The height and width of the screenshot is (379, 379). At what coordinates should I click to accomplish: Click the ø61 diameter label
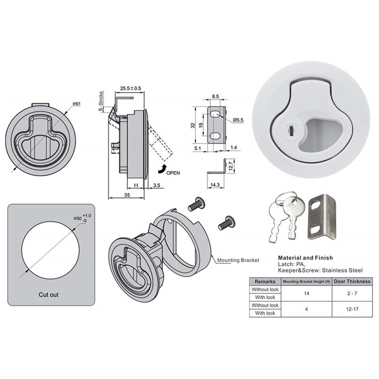[x=76, y=104]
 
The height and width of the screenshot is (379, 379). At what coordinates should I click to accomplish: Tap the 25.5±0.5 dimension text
[x=131, y=89]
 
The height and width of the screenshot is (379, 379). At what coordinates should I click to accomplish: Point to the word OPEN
[x=173, y=173]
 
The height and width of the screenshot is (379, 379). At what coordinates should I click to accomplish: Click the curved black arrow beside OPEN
[x=162, y=169]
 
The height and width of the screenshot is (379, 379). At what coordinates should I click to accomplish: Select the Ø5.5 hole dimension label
[x=238, y=120]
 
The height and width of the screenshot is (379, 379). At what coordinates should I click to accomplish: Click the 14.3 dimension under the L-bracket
[x=215, y=185]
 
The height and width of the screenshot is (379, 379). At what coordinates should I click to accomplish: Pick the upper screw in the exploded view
[x=197, y=204]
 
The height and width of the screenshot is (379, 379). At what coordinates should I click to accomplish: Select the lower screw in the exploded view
[x=226, y=223]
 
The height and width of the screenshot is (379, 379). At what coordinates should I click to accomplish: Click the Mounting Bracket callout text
[x=238, y=260]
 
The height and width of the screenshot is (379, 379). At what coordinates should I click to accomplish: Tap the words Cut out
[x=49, y=295]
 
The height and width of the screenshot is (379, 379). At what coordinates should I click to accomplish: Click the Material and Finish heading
[x=305, y=258]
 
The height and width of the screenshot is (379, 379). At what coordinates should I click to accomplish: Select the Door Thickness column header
[x=352, y=281]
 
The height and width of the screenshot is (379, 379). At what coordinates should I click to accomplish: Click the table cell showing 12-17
[x=352, y=309]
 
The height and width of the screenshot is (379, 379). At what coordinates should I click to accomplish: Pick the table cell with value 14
[x=307, y=293]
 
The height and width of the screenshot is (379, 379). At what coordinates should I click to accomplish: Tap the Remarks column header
[x=265, y=281]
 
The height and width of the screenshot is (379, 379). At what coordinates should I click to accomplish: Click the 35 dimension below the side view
[x=126, y=195]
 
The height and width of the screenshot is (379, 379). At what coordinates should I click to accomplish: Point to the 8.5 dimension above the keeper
[x=216, y=97]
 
